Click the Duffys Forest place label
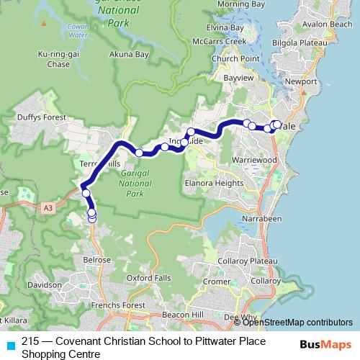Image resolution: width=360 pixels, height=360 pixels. tap(42, 117)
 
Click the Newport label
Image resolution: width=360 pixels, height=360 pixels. tap(301, 81)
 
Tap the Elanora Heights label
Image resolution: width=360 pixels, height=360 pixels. tap(215, 183)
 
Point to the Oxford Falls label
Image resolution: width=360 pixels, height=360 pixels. tap(149, 277)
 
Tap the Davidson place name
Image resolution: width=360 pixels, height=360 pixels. tap(44, 285)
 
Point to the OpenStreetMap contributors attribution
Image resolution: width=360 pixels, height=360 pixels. tap(297, 322)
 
